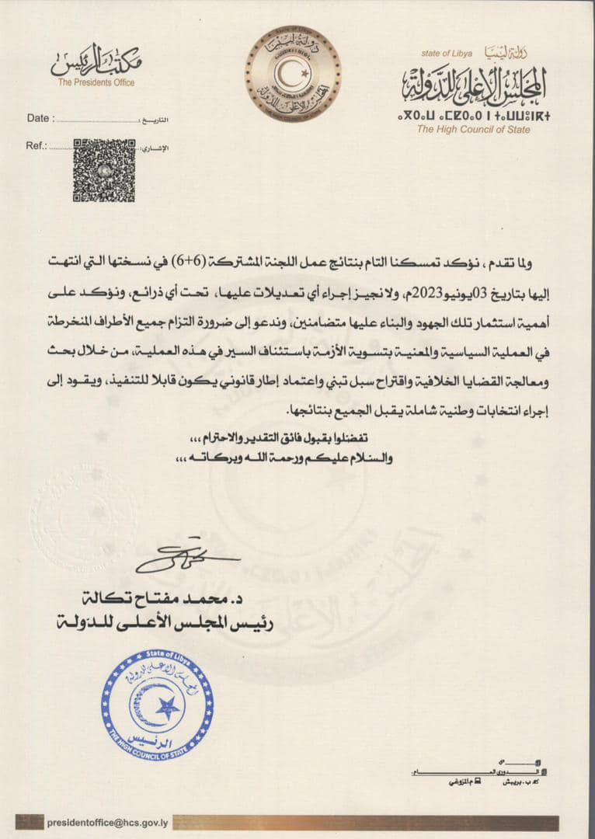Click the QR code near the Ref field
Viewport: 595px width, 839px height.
(104, 170)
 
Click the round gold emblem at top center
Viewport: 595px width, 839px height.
(293, 75)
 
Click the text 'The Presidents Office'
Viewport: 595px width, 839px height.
(96, 83)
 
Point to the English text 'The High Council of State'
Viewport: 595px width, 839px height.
(473, 130)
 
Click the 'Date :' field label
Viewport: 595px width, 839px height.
(40, 119)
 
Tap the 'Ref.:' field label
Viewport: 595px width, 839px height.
(37, 145)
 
